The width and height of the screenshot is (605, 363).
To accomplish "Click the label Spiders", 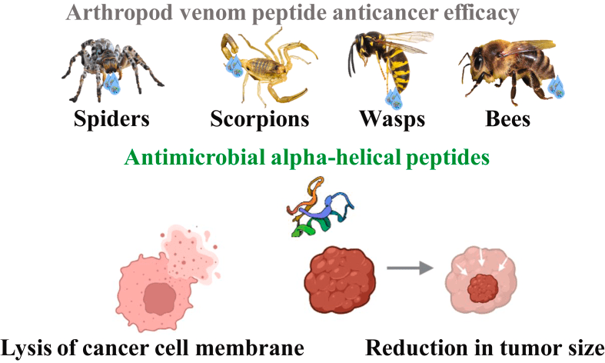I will [x=111, y=119].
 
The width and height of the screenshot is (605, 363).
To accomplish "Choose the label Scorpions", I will [x=260, y=119].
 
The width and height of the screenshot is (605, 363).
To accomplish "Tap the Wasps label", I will [x=391, y=119].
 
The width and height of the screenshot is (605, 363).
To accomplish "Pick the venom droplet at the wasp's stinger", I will [x=393, y=98].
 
